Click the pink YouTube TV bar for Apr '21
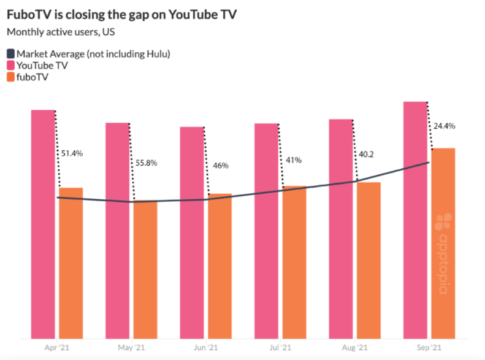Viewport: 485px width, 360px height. coord(43,224)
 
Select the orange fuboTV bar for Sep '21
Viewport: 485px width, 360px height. coord(443,243)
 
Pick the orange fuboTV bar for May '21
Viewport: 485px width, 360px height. coord(145,270)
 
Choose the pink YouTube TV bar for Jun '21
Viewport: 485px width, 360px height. coord(192,232)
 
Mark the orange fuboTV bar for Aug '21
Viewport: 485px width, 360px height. coord(369,260)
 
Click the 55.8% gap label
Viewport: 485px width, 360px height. coord(145,163)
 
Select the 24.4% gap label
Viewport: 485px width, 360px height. coord(445,126)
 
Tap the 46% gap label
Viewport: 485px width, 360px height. coord(221,166)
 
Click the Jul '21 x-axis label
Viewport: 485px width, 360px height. coord(280,348)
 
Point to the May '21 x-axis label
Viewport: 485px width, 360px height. coord(131,348)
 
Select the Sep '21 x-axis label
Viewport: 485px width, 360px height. coord(429,348)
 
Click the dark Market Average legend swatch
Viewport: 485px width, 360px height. coord(11,54)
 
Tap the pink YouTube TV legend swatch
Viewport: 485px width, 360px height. coord(11,66)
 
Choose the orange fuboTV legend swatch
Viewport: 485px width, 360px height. coord(11,78)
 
